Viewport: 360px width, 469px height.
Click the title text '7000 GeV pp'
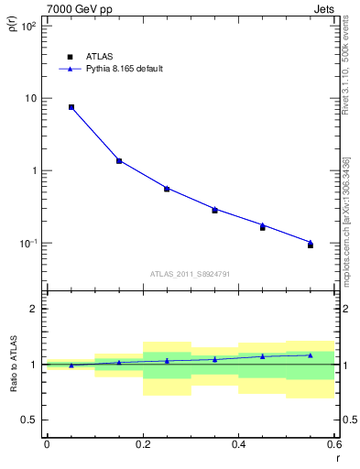point(73,8)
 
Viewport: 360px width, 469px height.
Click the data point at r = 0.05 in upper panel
point(71,107)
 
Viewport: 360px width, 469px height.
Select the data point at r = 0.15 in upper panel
point(119,161)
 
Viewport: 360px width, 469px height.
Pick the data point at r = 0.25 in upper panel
point(167,189)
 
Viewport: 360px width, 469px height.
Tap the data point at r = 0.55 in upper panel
point(311,245)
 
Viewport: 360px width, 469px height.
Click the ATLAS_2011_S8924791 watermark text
point(189,273)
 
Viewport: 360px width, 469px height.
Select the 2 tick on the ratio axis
point(32,309)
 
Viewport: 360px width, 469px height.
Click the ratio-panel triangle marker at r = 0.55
point(311,354)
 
